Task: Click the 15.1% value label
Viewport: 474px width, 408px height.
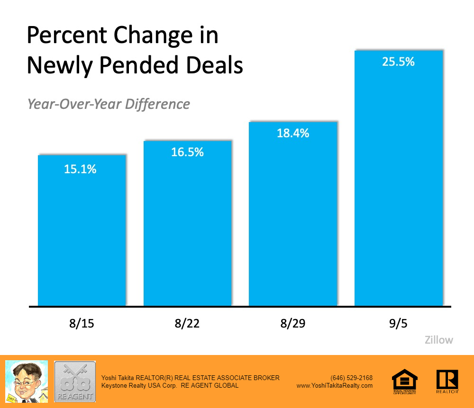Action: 80,169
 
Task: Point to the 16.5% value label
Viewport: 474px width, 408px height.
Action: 187,152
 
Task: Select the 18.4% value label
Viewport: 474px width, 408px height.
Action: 293,133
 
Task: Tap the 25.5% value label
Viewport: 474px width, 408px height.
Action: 399,62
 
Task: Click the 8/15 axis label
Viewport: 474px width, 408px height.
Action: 82,324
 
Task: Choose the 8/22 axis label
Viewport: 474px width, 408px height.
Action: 187,324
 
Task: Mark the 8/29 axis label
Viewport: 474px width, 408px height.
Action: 293,324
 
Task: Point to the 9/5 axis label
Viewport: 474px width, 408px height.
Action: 399,324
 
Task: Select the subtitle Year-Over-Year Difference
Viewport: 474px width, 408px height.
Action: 109,104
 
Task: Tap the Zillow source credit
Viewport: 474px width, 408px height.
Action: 438,340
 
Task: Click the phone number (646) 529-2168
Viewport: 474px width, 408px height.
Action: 351,378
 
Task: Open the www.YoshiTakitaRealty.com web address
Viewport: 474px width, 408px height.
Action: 335,386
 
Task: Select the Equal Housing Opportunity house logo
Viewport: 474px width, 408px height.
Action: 404,381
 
